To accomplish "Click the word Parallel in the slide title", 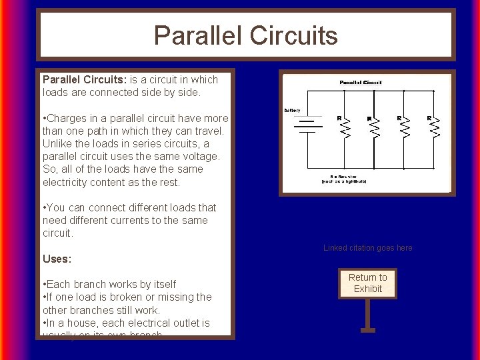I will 194,35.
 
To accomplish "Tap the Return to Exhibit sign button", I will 367,283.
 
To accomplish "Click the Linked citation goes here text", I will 367,248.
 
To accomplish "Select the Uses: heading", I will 57,259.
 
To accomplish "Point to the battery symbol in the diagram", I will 307,127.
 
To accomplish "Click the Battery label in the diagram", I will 292,110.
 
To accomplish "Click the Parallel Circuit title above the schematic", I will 361,83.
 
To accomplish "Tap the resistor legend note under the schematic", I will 343,179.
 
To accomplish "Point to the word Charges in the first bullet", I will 69,119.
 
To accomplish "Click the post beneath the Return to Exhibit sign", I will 367,313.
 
